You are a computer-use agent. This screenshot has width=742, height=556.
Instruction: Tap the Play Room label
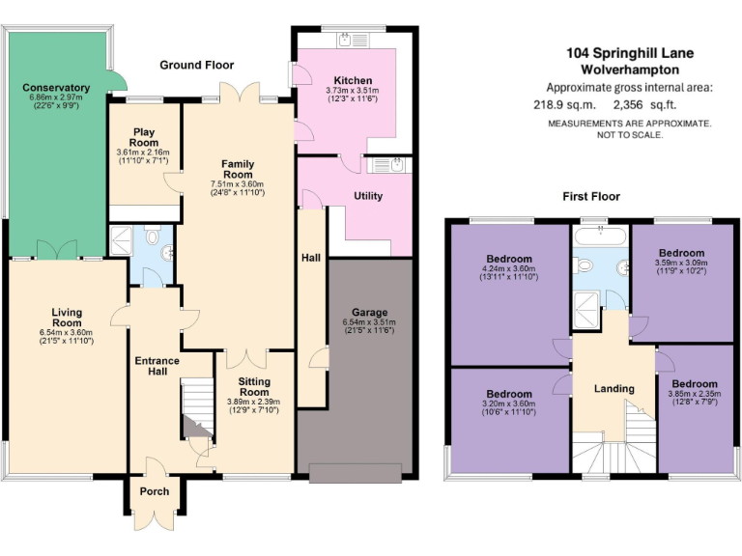(x=143, y=136)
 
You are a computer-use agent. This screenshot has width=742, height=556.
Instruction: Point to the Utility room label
(x=368, y=196)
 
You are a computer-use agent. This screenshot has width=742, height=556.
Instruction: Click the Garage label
(x=369, y=313)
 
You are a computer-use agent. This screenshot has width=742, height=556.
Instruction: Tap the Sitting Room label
(x=254, y=386)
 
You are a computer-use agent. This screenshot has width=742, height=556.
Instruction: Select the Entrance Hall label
(x=157, y=367)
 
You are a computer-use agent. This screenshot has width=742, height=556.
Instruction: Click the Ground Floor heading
(x=197, y=66)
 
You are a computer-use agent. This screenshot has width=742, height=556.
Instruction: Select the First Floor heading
(x=590, y=196)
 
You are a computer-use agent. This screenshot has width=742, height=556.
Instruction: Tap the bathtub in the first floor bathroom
(x=599, y=235)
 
